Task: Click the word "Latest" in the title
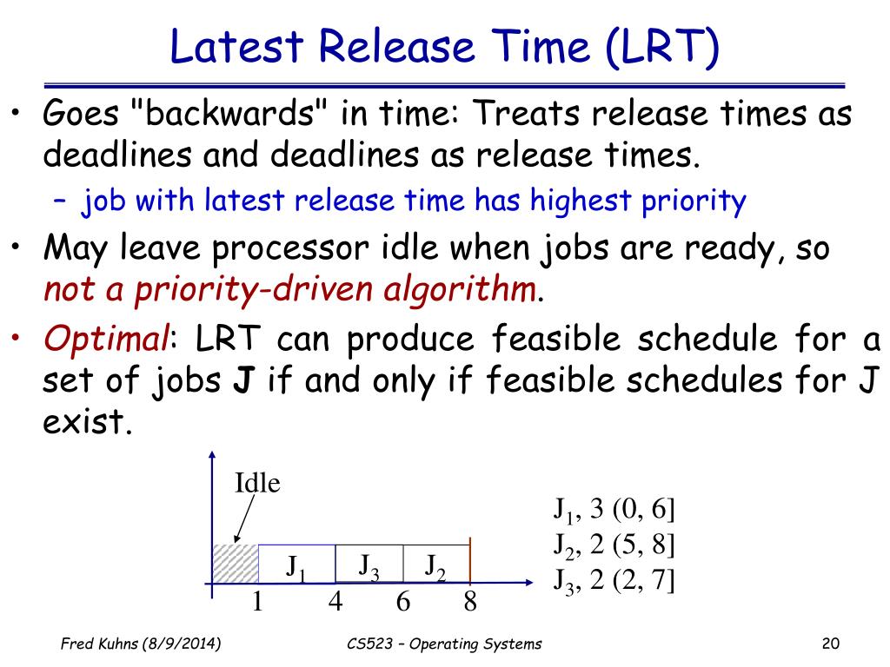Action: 236,46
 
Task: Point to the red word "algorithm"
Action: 460,290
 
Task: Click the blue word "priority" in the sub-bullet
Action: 694,201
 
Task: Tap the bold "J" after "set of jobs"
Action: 243,380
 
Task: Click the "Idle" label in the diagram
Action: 257,483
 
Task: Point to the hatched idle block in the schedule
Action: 235,563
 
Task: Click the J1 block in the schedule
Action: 297,564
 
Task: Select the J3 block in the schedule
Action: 369,564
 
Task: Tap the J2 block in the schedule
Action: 436,564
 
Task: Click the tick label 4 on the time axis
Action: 335,601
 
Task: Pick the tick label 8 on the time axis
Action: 470,601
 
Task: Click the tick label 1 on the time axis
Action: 257,601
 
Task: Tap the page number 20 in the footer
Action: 830,644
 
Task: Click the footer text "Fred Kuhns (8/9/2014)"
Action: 141,644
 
